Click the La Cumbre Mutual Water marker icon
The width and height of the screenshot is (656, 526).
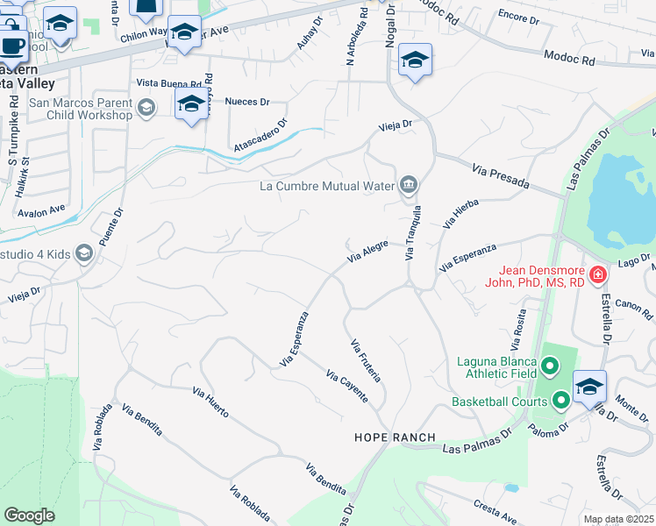coord(409,185)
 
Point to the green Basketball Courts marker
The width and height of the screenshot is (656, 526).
coord(561,402)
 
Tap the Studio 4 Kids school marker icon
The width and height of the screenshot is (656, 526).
coord(84,254)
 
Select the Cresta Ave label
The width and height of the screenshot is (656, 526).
coord(491,506)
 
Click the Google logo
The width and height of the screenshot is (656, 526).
coord(29,515)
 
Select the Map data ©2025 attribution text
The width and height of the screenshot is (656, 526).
coord(617,519)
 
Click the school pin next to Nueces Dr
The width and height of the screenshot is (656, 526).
coord(190,104)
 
